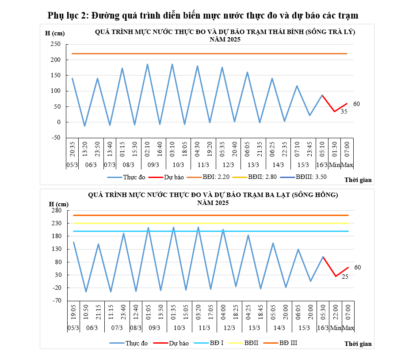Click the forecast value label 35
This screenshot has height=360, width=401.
(x=344, y=112)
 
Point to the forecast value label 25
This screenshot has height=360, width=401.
(x=345, y=277)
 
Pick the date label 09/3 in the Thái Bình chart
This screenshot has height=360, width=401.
(x=153, y=165)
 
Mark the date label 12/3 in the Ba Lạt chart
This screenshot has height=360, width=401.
(x=229, y=328)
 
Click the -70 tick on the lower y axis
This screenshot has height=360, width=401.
(x=55, y=301)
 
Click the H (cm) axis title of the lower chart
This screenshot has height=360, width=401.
(x=58, y=204)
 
